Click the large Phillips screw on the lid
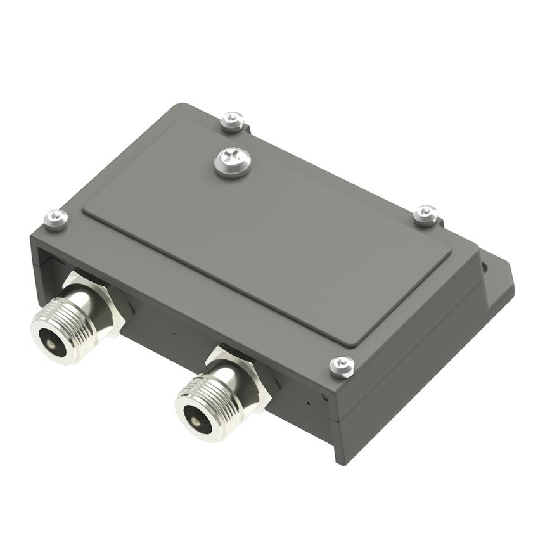pos(232,163)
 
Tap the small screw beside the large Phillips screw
pos(233,121)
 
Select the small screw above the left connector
pos(56,219)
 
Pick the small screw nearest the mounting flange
pos(426,215)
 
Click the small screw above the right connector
pos(342,366)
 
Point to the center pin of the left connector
pos(50,343)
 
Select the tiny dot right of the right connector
pos(308,402)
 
